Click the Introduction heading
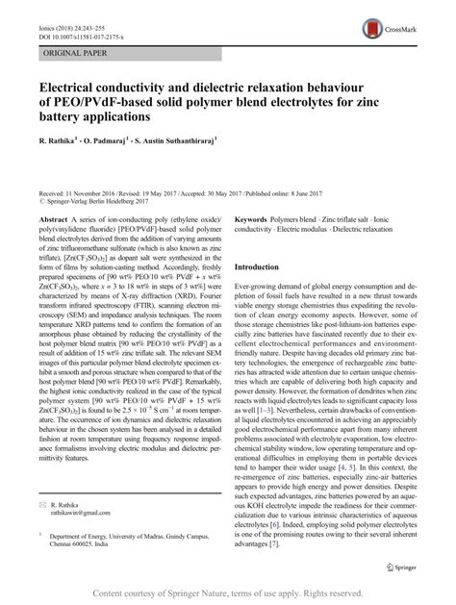(x=264, y=266)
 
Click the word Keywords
(x=254, y=219)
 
